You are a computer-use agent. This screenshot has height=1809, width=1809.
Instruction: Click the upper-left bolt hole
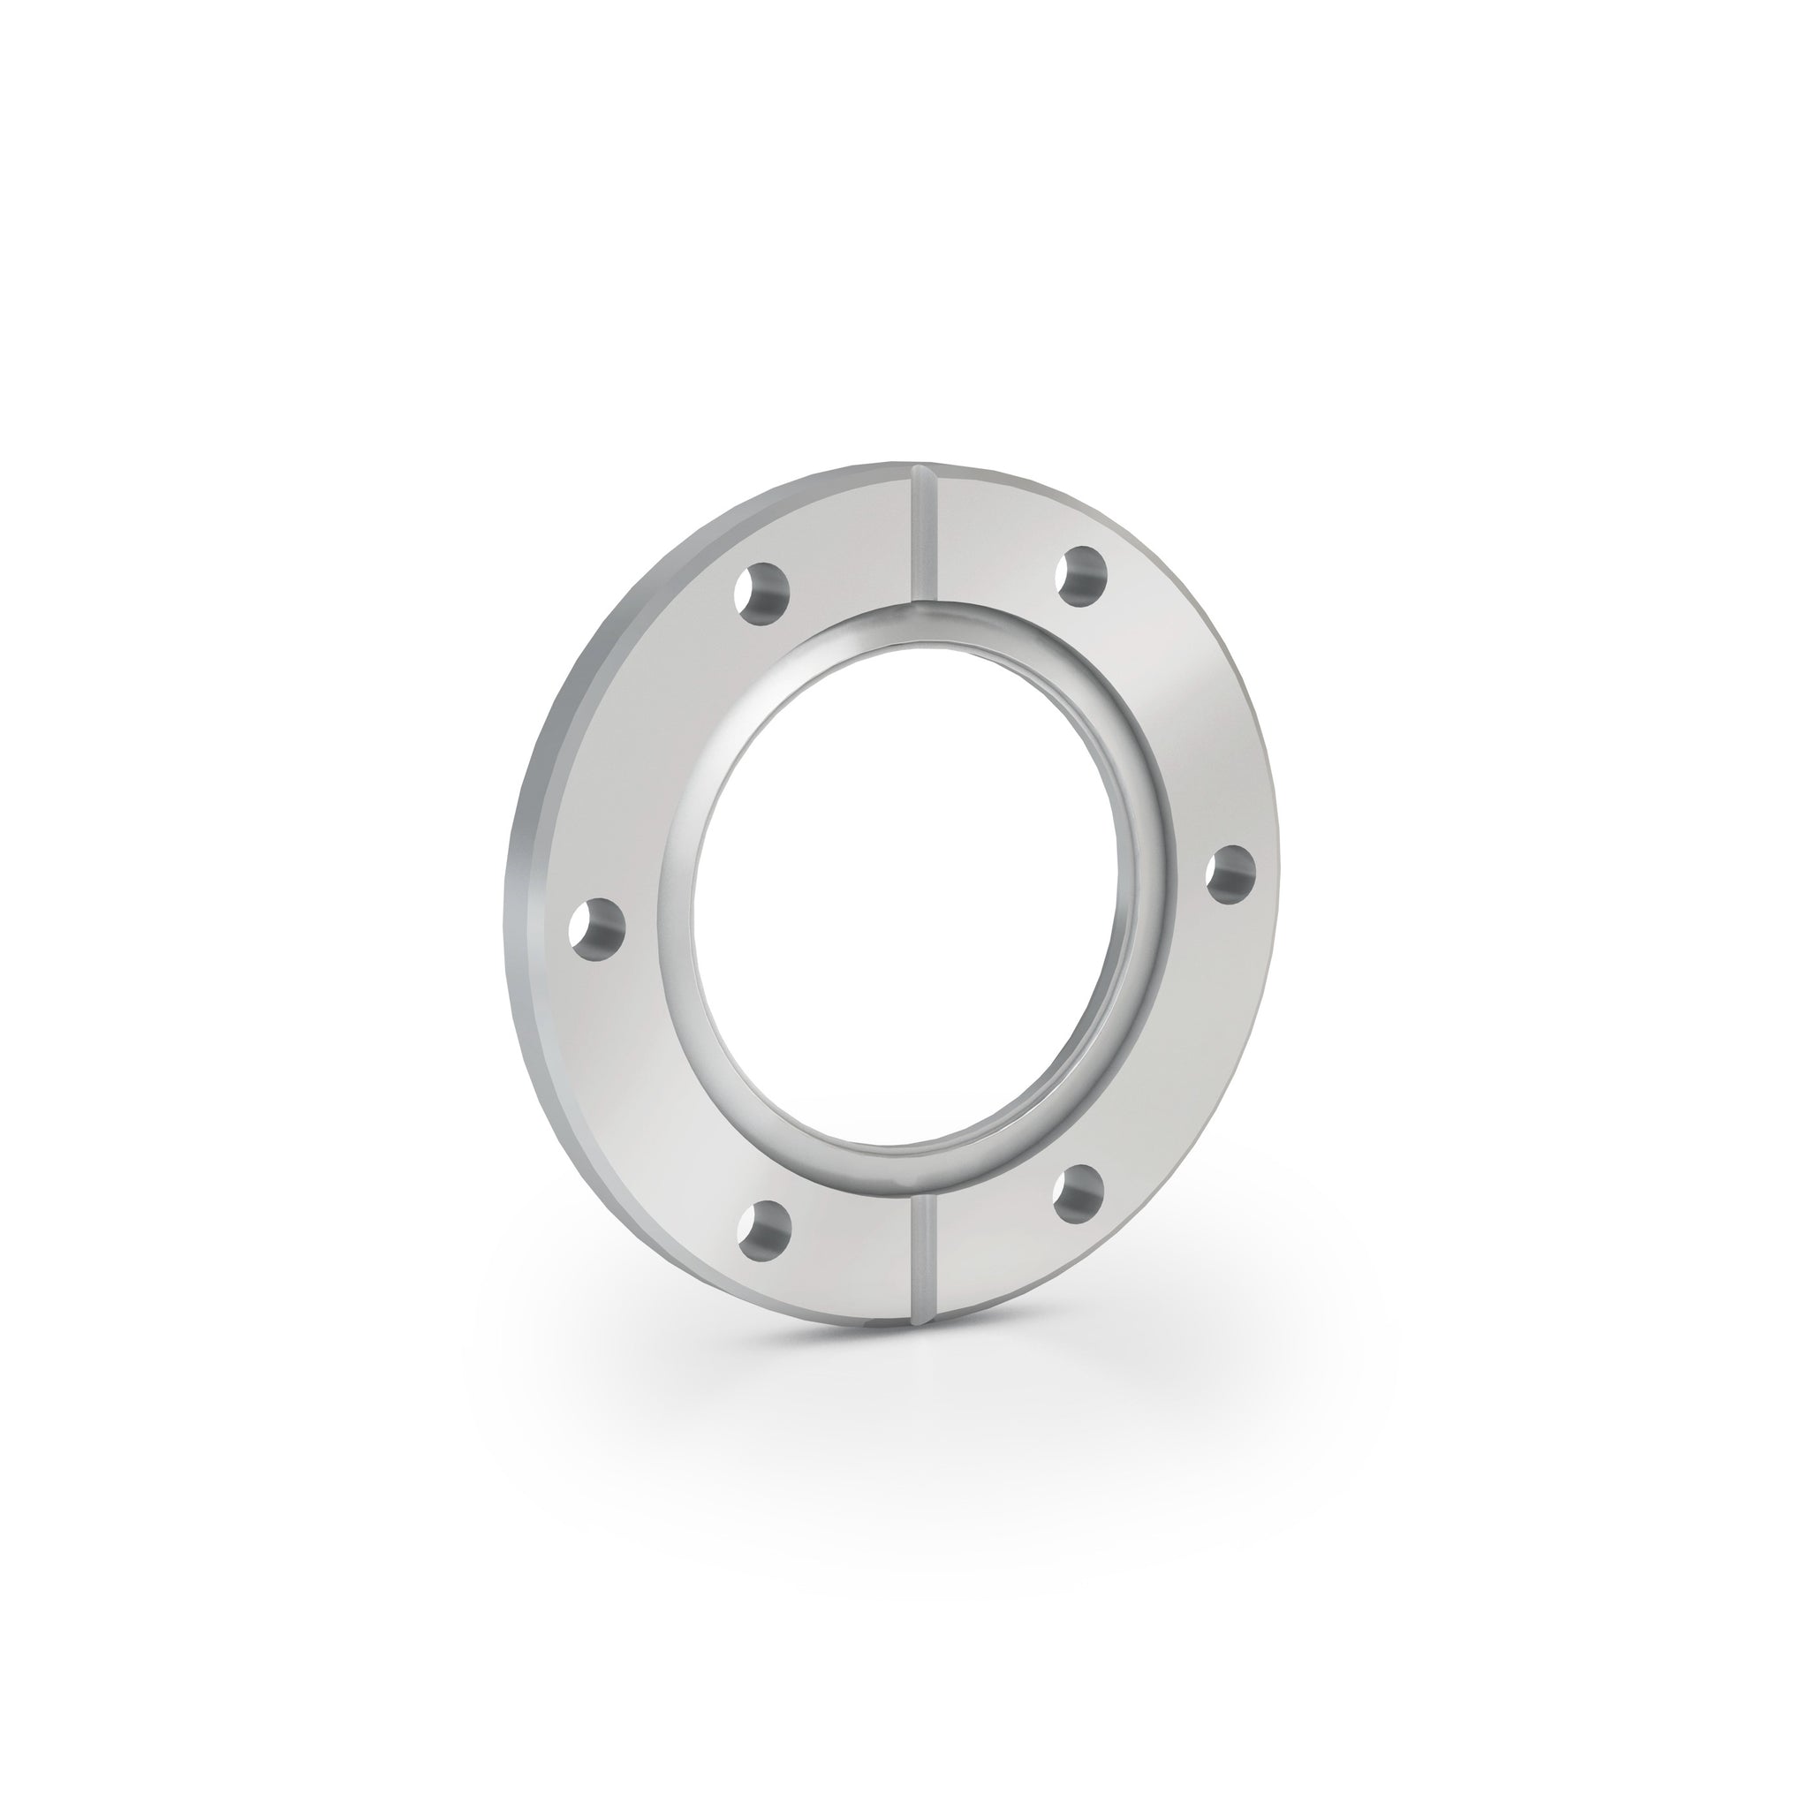pos(763,593)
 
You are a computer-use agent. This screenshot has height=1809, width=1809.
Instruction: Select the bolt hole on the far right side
pos(1230,872)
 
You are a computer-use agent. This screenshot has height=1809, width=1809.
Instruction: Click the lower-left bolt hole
pos(764,1230)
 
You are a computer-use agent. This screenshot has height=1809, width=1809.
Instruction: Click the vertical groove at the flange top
pos(924,534)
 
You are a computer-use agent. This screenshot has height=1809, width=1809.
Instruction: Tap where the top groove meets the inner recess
pos(924,602)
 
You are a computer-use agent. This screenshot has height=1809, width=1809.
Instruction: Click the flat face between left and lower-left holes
pos(655,1095)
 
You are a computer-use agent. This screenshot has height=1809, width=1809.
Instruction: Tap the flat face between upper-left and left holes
pos(646,749)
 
